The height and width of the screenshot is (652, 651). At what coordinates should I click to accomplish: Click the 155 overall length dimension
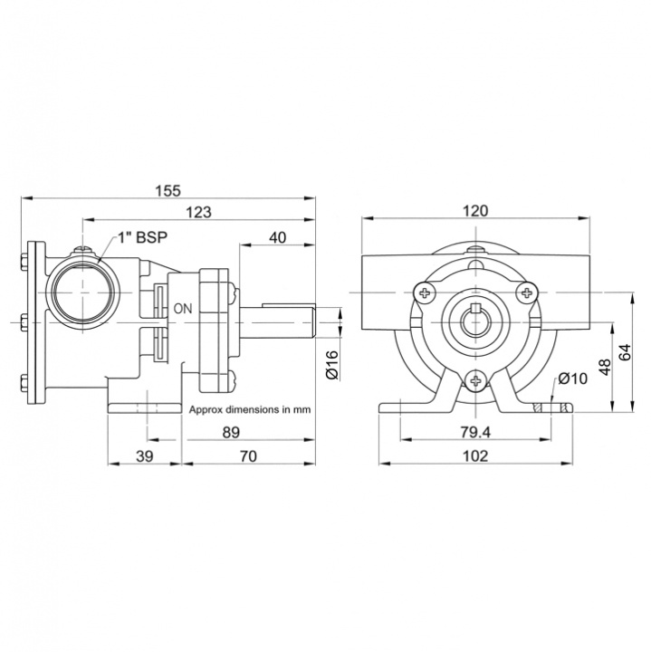(168, 190)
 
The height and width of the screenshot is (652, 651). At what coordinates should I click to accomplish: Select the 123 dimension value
(198, 212)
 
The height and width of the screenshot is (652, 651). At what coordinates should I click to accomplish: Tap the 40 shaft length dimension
(277, 237)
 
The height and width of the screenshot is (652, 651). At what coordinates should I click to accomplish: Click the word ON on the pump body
(184, 309)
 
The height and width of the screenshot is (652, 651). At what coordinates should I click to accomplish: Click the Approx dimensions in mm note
(250, 409)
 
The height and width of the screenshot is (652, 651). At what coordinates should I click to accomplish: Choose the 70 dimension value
(248, 457)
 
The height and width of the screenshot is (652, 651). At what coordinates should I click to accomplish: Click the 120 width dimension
(474, 211)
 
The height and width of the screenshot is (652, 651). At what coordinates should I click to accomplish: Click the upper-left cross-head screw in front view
(426, 292)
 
